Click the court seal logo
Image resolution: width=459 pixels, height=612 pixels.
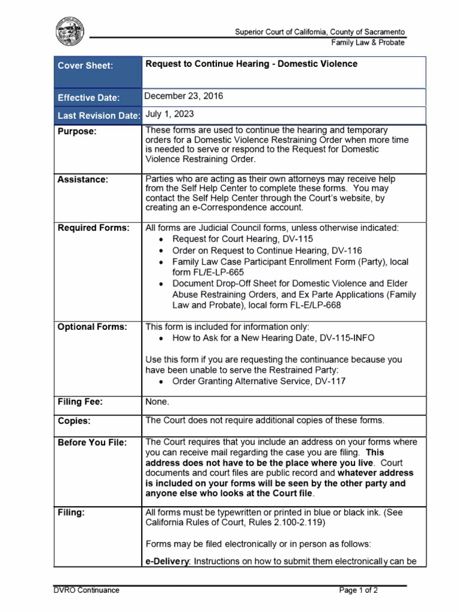[x=70, y=31]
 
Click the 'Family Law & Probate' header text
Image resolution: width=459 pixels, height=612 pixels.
[x=368, y=42]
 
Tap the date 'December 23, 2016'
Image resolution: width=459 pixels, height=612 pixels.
[x=184, y=96]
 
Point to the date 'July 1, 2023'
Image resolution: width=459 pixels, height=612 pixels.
[x=170, y=114]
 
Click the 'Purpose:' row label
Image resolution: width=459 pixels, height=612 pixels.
[x=76, y=131]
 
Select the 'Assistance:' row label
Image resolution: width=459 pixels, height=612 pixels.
[x=83, y=179]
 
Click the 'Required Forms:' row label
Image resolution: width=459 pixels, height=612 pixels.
[x=93, y=228]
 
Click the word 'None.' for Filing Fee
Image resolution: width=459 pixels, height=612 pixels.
[x=157, y=402]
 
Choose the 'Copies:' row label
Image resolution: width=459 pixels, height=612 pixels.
[x=74, y=421]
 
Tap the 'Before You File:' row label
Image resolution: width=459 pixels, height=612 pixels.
[x=92, y=442]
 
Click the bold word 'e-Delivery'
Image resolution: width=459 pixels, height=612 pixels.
[x=167, y=561]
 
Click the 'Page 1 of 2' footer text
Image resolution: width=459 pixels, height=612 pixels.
[x=359, y=590]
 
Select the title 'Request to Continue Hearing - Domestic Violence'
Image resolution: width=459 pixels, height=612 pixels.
[x=252, y=64]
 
